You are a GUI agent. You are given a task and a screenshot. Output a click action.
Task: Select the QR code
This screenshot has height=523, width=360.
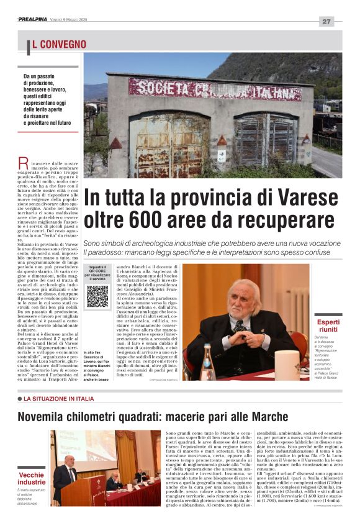tap(97, 296)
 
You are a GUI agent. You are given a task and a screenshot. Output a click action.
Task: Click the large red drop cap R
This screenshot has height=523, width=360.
tap(23, 163)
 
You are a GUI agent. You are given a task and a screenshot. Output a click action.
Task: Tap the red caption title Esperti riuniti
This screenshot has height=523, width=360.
tap(327, 326)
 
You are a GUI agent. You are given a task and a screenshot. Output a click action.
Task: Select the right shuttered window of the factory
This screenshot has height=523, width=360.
tap(266, 140)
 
